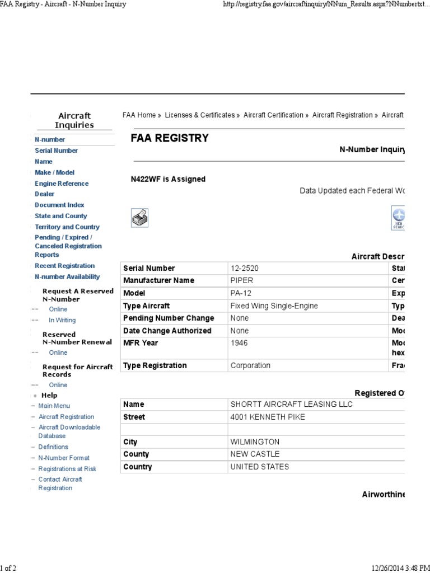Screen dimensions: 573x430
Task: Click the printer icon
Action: [139, 218]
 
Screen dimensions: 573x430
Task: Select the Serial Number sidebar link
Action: [56, 151]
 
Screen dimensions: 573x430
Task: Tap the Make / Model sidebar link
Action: [54, 172]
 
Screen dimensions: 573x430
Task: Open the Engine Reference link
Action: [62, 184]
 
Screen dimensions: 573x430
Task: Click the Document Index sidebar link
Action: [59, 205]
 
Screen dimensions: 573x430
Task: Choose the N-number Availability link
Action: [67, 276]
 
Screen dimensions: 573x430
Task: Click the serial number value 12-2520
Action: [245, 268]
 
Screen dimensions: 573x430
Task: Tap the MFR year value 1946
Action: [240, 342]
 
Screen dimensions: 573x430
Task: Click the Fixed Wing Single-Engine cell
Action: [274, 306]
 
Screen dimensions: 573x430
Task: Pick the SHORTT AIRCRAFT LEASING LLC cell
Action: [292, 404]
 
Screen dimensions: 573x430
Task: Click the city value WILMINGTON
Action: [255, 442]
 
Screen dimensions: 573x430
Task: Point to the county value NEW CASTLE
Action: [255, 454]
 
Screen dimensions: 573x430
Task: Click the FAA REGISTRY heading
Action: [169, 138]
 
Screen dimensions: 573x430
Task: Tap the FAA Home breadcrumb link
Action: [139, 115]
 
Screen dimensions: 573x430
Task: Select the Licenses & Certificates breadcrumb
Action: [200, 115]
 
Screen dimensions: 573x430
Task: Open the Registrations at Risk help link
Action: [67, 469]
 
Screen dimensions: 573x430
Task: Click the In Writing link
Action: [62, 320]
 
